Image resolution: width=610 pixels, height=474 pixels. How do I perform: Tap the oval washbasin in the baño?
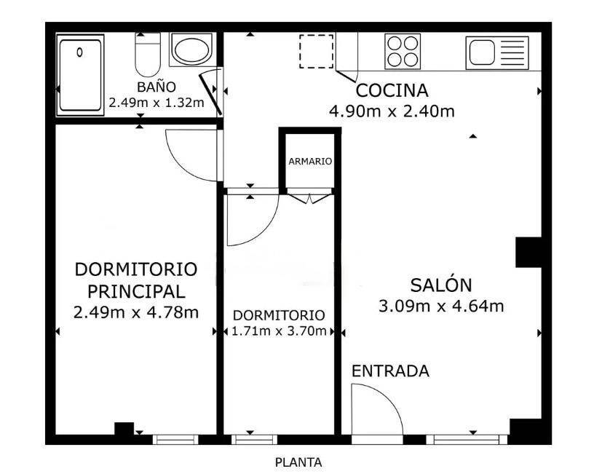[191, 50]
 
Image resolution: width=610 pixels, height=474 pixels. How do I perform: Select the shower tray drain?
[80, 52]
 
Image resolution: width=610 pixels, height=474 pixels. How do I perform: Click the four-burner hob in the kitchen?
[403, 52]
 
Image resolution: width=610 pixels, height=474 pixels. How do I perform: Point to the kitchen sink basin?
[482, 52]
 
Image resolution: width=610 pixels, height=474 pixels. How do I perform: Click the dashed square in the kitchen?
[316, 52]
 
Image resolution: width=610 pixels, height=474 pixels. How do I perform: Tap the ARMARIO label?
[310, 161]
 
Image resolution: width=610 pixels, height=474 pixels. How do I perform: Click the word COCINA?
[392, 91]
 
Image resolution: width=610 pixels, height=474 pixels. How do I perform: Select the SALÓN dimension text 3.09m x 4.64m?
[441, 307]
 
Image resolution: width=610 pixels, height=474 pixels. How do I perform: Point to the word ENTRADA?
[390, 371]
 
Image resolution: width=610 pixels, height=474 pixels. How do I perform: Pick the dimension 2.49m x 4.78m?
[136, 312]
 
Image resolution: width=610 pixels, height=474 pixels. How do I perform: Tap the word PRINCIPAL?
[136, 291]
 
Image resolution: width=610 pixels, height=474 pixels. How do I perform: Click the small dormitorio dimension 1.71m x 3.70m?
[279, 331]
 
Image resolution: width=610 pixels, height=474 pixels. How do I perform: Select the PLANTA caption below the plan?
[298, 463]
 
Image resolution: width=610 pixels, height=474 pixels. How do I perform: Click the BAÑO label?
[157, 87]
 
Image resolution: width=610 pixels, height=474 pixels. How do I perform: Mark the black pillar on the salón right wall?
[528, 252]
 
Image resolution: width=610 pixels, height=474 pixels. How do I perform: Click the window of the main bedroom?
[175, 439]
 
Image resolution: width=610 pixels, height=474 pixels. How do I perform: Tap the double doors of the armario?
[309, 198]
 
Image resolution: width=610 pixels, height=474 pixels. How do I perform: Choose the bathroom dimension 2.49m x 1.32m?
[157, 103]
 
